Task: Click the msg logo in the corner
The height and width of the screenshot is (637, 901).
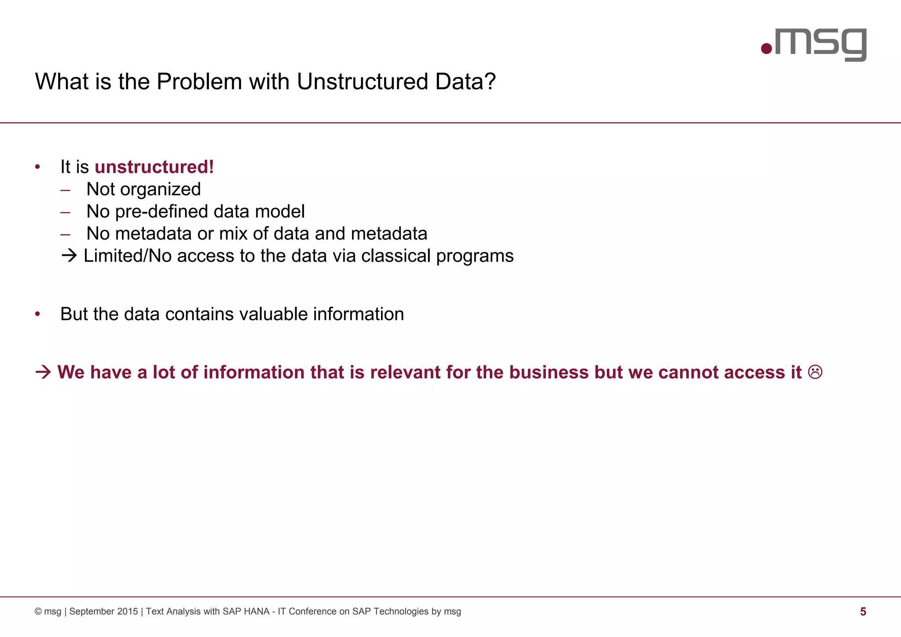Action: pos(814,44)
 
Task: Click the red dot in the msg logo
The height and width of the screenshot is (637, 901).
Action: pos(766,48)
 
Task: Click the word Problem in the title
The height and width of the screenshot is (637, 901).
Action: pos(199,82)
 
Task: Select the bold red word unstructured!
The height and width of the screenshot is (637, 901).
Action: pos(154,167)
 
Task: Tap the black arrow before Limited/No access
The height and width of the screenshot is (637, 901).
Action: pos(69,256)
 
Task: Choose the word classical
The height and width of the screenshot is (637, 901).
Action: pos(396,256)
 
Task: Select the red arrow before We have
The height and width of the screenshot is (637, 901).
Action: pos(43,372)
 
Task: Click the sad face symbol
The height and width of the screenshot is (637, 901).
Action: pos(815,372)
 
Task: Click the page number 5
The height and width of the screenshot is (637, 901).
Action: pos(863,611)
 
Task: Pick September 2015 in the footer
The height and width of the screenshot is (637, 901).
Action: pos(103,611)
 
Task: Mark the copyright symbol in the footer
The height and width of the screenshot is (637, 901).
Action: pos(38,611)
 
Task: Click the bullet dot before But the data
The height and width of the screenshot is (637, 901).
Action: pos(38,314)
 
